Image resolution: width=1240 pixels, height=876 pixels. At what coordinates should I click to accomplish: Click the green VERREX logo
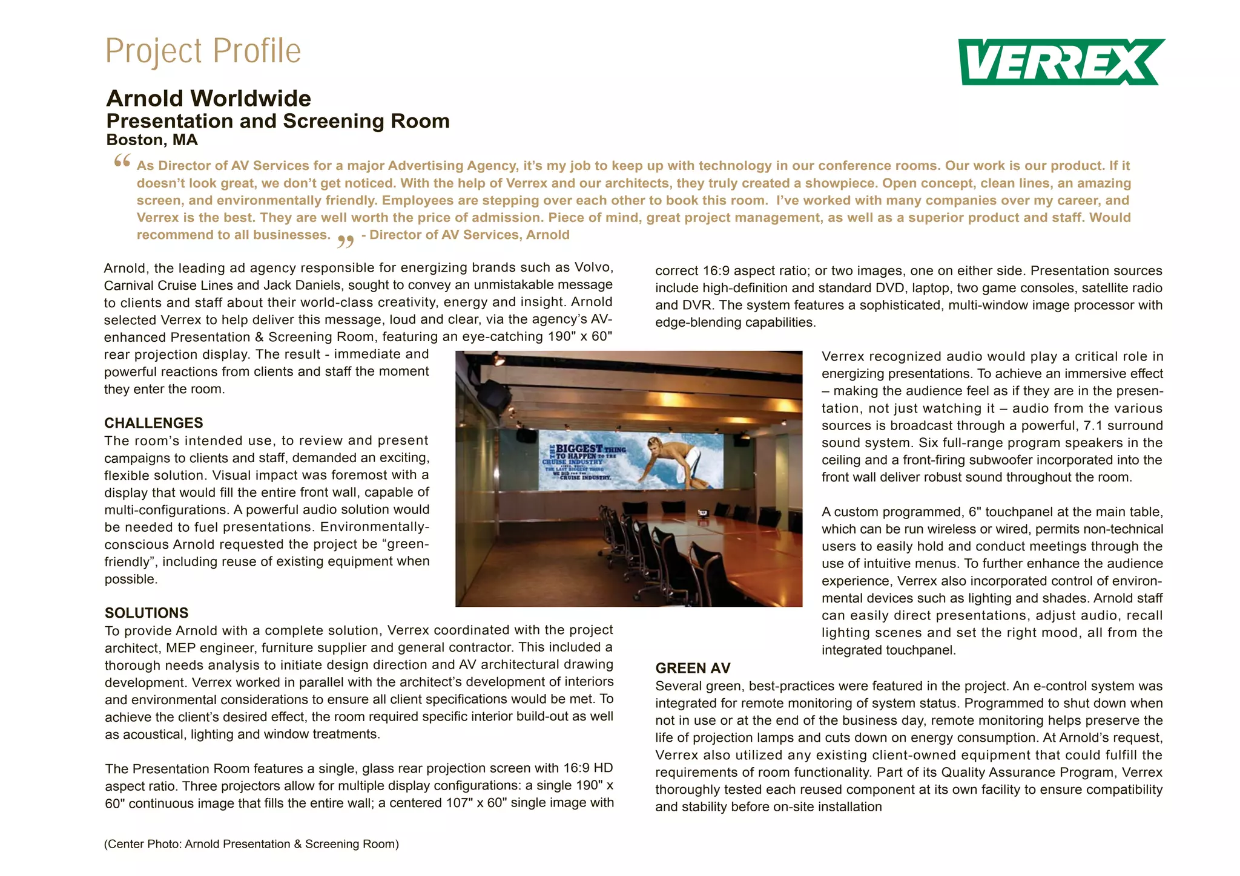tap(1061, 62)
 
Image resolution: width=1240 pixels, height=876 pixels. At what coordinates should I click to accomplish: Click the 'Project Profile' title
tap(203, 51)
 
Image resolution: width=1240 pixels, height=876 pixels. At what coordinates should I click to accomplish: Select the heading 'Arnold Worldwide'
tap(208, 99)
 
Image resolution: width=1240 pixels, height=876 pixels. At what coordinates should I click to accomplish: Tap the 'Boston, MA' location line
tap(152, 140)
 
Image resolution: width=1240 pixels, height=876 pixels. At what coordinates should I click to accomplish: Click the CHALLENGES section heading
tap(153, 423)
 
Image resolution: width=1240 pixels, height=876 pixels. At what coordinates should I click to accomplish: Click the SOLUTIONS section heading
tap(147, 613)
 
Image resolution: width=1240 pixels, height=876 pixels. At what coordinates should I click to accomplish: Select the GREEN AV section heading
tap(693, 668)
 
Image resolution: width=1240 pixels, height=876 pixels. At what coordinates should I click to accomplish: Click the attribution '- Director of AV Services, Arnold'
tap(465, 235)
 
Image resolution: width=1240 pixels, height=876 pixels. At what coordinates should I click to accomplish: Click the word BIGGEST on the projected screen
tap(579, 449)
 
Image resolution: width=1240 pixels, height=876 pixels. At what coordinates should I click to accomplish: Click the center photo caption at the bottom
tap(251, 844)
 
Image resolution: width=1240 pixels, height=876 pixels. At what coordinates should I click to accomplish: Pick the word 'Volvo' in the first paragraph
tap(593, 267)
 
